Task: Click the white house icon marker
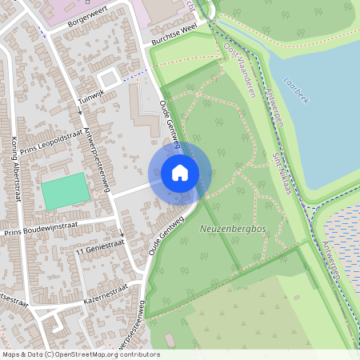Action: pyautogui.click(x=180, y=173)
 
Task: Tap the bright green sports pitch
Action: pyautogui.click(x=66, y=192)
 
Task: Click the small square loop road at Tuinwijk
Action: pyautogui.click(x=110, y=78)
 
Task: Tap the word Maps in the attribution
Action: pyautogui.click(x=11, y=354)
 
